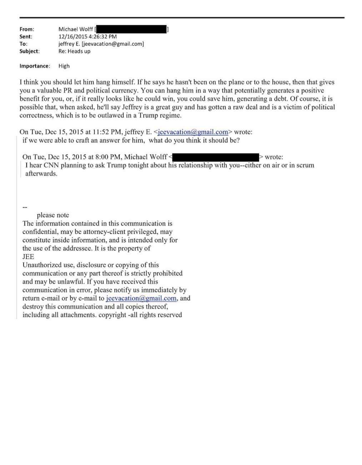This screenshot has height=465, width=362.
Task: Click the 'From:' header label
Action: pyautogui.click(x=27, y=29)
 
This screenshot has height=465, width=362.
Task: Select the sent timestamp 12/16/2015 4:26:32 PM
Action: pyautogui.click(x=87, y=36)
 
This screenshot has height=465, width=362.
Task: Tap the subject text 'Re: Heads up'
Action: pyautogui.click(x=74, y=51)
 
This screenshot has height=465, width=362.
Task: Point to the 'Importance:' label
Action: pyautogui.click(x=35, y=66)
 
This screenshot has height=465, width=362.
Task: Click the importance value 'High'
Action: pyautogui.click(x=64, y=66)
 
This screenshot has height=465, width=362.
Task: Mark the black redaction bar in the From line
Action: pyautogui.click(x=131, y=29)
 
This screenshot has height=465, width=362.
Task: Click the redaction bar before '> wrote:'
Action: pyautogui.click(x=216, y=157)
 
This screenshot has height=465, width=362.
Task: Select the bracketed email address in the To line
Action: pyautogui.click(x=113, y=44)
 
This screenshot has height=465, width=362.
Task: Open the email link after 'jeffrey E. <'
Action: pyautogui.click(x=193, y=132)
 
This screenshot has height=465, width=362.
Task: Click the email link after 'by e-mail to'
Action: pyautogui.click(x=141, y=298)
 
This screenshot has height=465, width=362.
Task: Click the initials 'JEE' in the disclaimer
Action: pyautogui.click(x=28, y=257)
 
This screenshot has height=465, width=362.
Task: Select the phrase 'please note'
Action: pyautogui.click(x=53, y=215)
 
